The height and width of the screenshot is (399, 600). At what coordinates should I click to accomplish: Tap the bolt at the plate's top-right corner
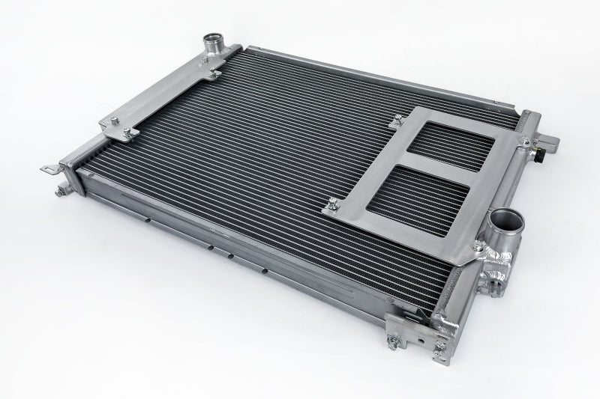[x=518, y=138]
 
